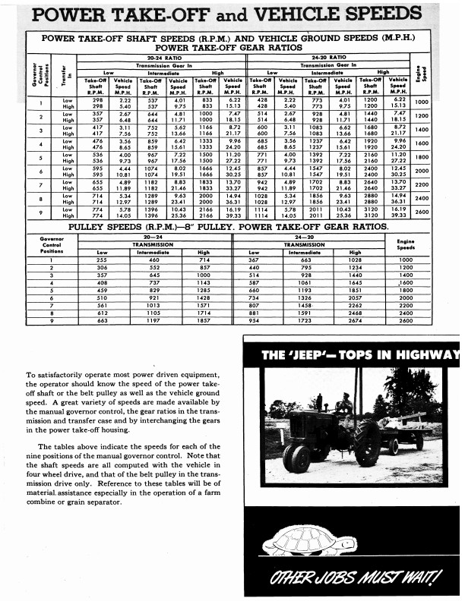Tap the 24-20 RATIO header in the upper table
(x=337, y=56)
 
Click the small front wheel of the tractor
(x=296, y=458)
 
